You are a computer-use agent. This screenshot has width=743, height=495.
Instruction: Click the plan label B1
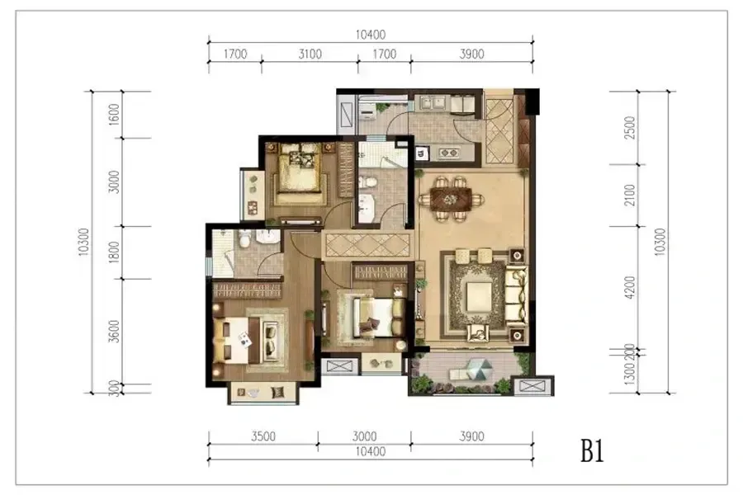592,451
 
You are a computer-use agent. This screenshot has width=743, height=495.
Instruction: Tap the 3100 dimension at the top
310,54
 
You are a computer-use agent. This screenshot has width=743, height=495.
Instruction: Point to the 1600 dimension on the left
114,115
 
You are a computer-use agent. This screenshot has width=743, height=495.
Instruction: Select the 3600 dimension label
114,331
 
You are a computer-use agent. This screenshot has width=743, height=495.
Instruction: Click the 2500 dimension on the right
630,127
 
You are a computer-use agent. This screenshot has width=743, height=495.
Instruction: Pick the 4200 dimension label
630,288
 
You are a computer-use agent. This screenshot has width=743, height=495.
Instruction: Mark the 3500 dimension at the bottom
263,436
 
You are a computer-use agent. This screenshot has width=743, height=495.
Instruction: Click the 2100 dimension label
630,195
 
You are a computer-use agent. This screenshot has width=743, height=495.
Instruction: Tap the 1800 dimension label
114,252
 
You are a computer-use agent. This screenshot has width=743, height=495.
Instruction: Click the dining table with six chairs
451,199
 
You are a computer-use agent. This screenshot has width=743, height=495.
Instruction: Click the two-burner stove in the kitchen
449,153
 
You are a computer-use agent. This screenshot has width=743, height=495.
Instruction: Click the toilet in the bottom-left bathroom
244,239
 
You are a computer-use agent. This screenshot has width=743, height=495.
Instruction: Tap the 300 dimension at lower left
114,389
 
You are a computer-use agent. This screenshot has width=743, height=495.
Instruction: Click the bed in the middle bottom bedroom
371,314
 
